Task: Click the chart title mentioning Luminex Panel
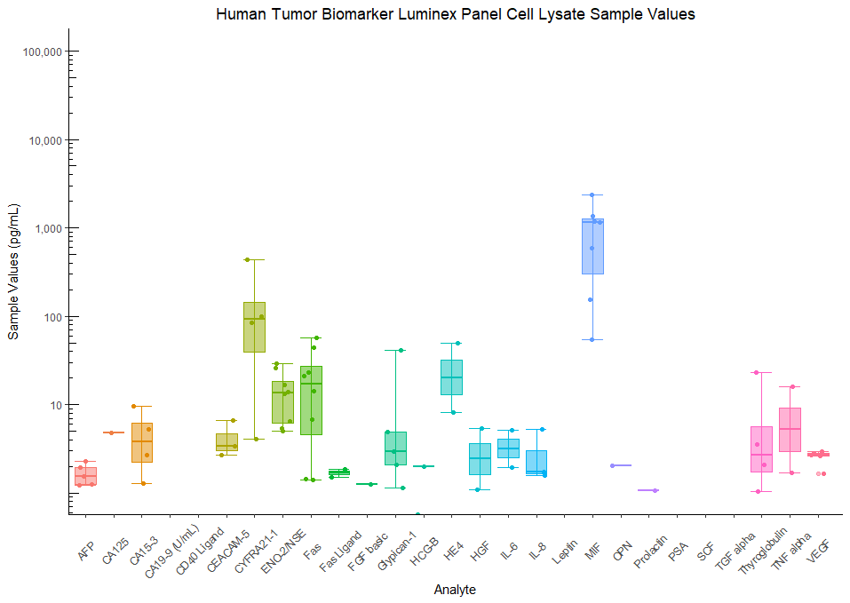pyautogui.click(x=455, y=14)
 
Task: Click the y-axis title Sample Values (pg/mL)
pyautogui.click(x=13, y=271)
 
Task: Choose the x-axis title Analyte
pyautogui.click(x=455, y=590)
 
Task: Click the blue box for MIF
pyautogui.click(x=592, y=246)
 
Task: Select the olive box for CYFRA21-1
pyautogui.click(x=254, y=327)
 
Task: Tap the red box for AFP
pyautogui.click(x=86, y=476)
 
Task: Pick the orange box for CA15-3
pyautogui.click(x=142, y=442)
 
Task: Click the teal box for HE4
pyautogui.click(x=451, y=377)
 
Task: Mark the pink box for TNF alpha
pyautogui.click(x=790, y=430)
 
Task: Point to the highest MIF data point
pyautogui.click(x=592, y=194)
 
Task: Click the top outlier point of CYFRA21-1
pyautogui.click(x=247, y=259)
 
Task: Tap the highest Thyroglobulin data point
pyautogui.click(x=756, y=372)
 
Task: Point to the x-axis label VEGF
pyautogui.click(x=820, y=536)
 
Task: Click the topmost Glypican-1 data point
pyautogui.click(x=401, y=350)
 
